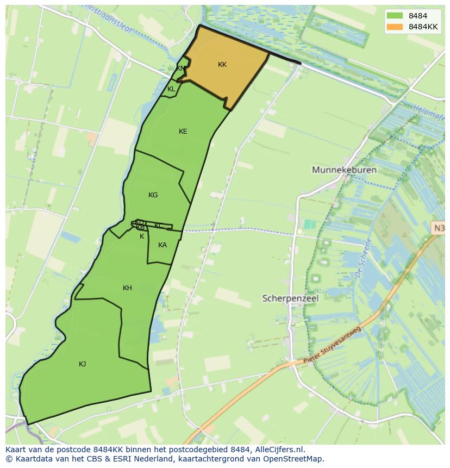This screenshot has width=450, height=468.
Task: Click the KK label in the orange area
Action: [x=222, y=65]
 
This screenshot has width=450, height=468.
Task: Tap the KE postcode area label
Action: [x=183, y=132]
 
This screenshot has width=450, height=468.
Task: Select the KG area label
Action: [x=153, y=195]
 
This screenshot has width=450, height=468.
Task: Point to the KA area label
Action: [x=162, y=245]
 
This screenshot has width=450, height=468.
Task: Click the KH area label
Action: [x=127, y=288]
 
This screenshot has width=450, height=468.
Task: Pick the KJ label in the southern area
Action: [x=82, y=364]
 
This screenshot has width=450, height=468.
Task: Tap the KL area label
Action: [x=171, y=89]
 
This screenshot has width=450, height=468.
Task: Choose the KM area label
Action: [x=180, y=68]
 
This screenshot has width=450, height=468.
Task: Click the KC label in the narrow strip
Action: [x=158, y=226]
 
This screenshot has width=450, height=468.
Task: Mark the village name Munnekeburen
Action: [x=344, y=170]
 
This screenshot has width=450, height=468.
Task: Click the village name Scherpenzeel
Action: [x=290, y=298]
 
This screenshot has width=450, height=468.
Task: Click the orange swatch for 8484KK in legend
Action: [x=395, y=27]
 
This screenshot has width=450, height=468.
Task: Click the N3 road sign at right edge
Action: [x=438, y=228]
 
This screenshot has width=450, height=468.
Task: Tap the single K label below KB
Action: [x=142, y=236]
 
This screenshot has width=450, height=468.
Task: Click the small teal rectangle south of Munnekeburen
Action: [x=309, y=224]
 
